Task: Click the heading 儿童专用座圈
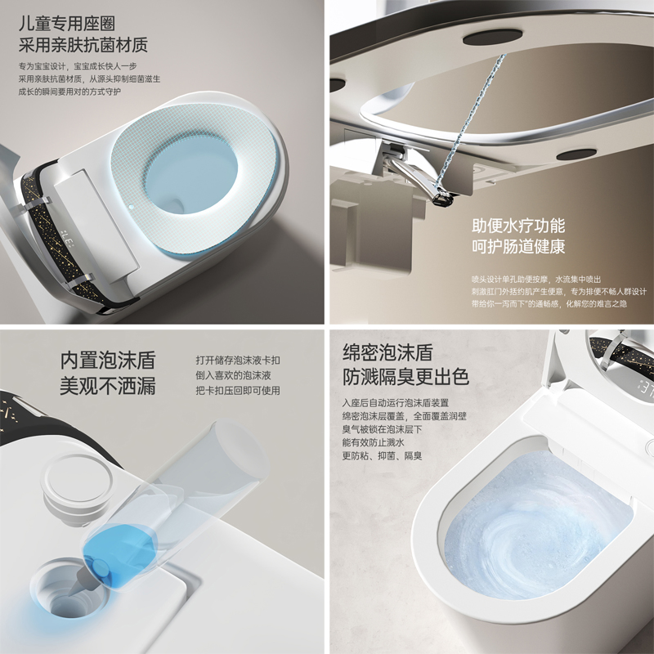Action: point(74,22)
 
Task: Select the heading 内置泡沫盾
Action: point(107,361)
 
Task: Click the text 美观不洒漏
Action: point(107,386)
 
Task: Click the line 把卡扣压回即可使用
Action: point(237,391)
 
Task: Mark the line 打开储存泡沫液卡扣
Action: point(238,361)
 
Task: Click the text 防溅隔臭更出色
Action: point(405,378)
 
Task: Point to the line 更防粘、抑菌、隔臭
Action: point(382,455)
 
